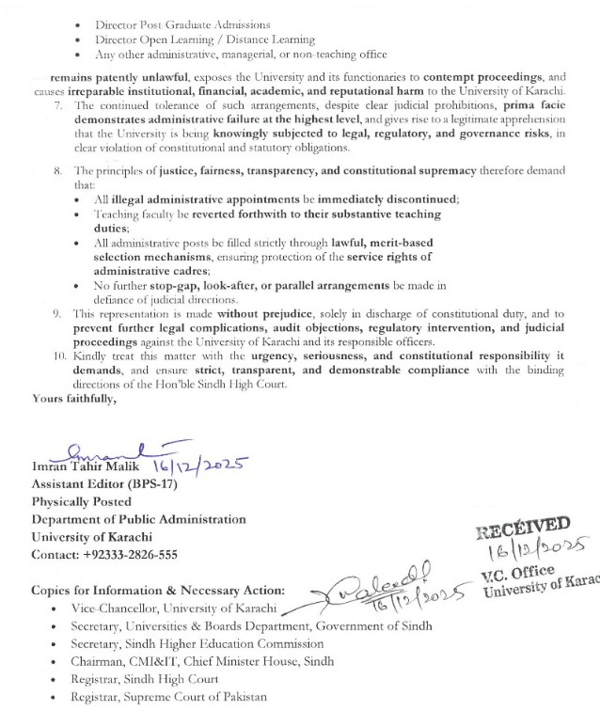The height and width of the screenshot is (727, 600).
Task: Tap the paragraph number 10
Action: pyautogui.click(x=55, y=357)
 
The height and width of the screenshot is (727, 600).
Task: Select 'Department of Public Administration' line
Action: pyautogui.click(x=138, y=519)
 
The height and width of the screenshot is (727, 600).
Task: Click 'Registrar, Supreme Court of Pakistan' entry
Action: pyautogui.click(x=168, y=697)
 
